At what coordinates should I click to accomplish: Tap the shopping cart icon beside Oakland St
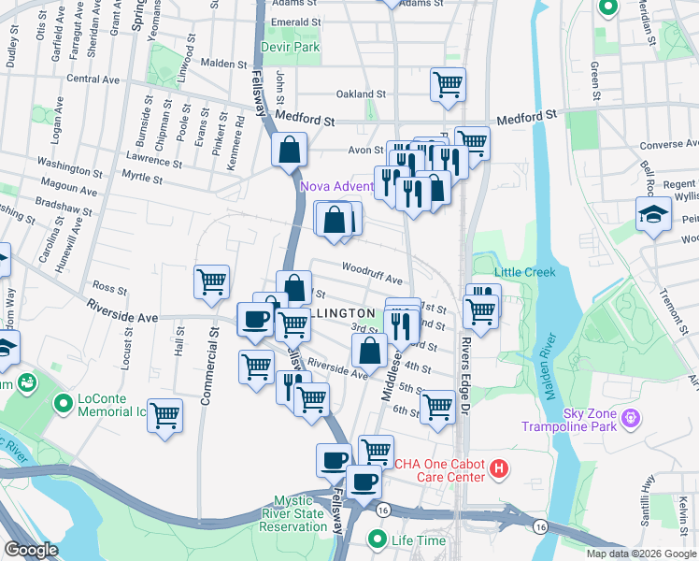tap(448, 84)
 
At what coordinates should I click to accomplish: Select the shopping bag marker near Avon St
tap(290, 148)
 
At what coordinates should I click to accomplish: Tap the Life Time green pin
tap(378, 539)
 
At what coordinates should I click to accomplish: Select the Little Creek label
tap(524, 272)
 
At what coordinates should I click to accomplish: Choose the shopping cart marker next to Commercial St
tap(212, 281)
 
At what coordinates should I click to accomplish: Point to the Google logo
tap(31, 550)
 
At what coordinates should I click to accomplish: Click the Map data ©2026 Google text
tap(641, 554)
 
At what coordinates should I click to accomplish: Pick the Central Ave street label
tap(94, 79)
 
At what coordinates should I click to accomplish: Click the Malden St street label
tap(222, 65)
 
